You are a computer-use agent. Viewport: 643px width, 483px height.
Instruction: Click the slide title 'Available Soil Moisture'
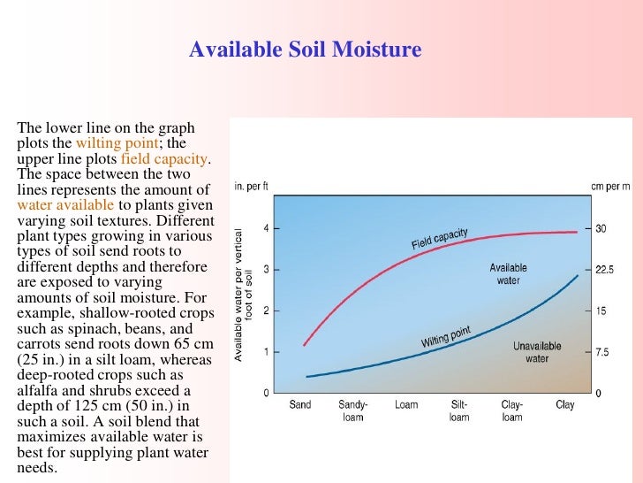point(305,50)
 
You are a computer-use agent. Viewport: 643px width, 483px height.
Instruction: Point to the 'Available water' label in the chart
point(508,274)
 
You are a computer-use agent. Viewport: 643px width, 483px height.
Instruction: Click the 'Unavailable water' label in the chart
point(537,352)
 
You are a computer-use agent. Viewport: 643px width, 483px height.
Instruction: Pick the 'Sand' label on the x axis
point(300,405)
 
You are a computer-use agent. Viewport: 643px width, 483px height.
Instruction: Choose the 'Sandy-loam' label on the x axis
point(353,410)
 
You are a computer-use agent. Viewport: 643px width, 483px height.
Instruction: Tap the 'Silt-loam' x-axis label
point(459,410)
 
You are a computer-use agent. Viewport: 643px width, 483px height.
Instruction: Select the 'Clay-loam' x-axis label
point(512,410)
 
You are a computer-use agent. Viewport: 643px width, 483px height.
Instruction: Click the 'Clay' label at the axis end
point(564,405)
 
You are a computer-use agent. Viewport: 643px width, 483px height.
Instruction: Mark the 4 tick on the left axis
point(266,228)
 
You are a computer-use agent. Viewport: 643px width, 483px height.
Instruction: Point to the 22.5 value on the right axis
point(604,270)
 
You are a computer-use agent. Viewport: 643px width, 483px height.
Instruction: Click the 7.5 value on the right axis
point(602,352)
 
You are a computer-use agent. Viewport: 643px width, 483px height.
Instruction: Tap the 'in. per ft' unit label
point(251,187)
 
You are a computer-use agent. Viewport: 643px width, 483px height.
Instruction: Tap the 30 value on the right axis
point(601,228)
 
